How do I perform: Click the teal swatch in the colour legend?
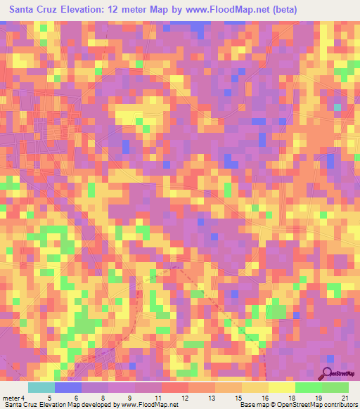[41, 387]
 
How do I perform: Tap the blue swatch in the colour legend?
[68, 387]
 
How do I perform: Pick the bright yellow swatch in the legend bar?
[282, 387]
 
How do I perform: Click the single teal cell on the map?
[337, 107]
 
